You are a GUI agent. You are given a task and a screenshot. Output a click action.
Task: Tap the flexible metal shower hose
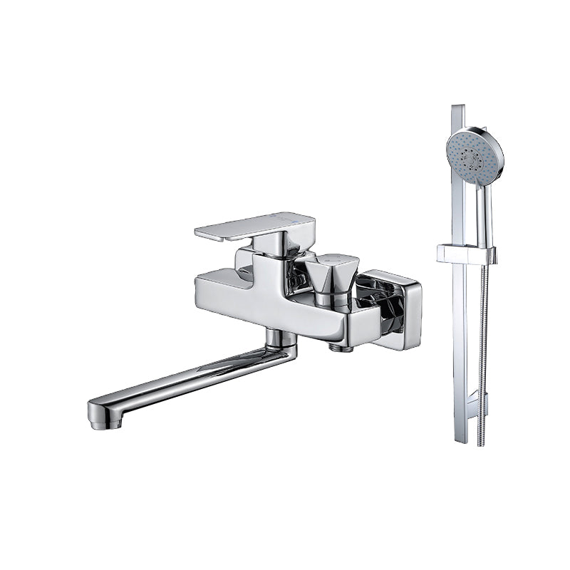484,342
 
